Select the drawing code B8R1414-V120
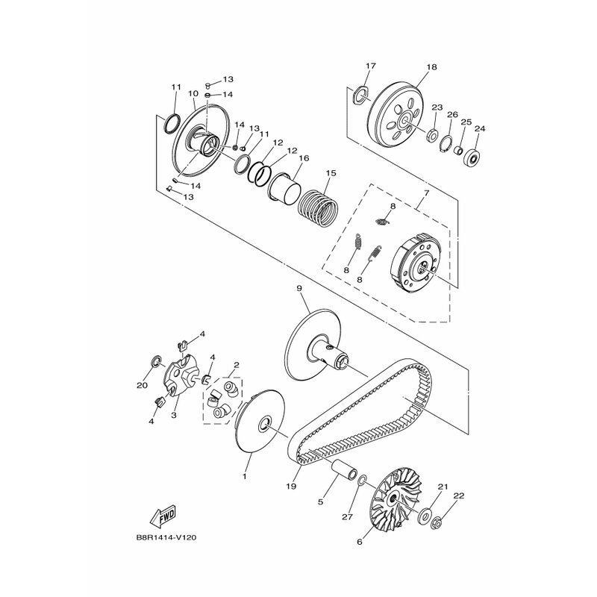pyautogui.click(x=166, y=538)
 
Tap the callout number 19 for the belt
pyautogui.click(x=291, y=487)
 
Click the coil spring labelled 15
pyautogui.click(x=319, y=207)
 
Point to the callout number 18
pyautogui.click(x=431, y=66)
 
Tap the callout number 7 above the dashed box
pyautogui.click(x=426, y=193)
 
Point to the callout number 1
pyautogui.click(x=245, y=476)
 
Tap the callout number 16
pyautogui.click(x=304, y=157)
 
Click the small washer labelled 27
pyautogui.click(x=363, y=481)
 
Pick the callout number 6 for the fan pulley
pyautogui.click(x=360, y=542)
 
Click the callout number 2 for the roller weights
pyautogui.click(x=236, y=365)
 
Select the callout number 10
pyautogui.click(x=193, y=93)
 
